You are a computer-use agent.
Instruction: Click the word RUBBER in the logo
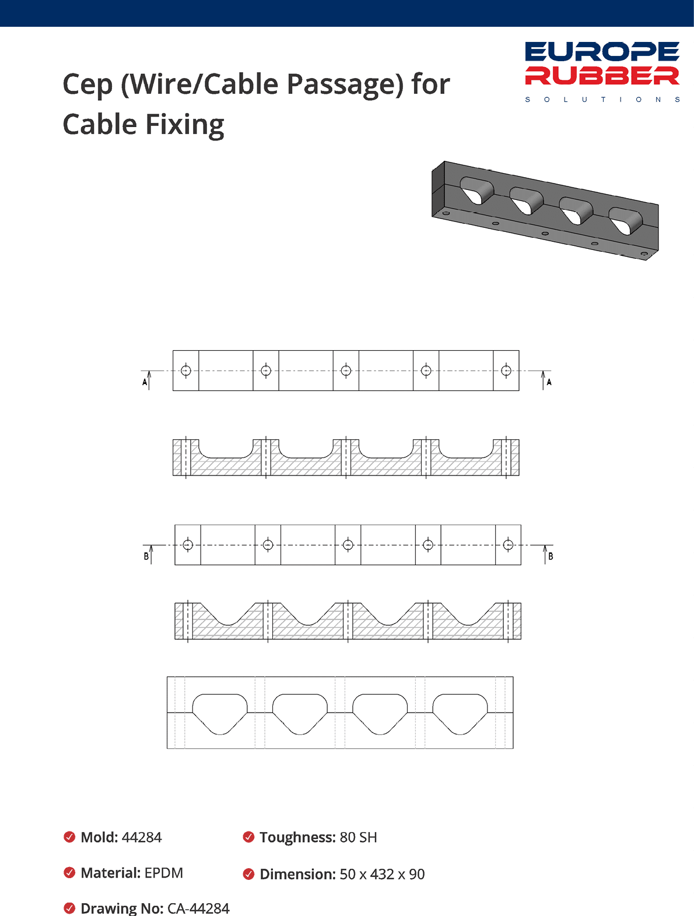coord(602,76)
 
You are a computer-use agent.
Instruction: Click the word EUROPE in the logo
coord(602,51)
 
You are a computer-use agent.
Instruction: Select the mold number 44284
coord(142,837)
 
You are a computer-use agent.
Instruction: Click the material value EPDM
coord(164,873)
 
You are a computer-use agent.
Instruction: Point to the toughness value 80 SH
coord(358,837)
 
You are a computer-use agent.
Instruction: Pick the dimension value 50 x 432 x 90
coord(382,874)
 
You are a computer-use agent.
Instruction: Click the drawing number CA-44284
coord(198,908)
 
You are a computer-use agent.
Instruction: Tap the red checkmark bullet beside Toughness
coord(248,837)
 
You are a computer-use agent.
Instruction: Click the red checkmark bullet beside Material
coord(69,873)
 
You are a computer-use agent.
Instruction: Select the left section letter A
coord(145,382)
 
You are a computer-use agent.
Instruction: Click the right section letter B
coord(550,556)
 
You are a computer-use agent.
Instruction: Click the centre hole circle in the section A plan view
coord(346,371)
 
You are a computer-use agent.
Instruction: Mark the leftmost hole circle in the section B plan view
coord(188,545)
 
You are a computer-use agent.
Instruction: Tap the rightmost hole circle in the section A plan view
coord(506,371)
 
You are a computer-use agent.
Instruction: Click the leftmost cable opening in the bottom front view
coord(220,711)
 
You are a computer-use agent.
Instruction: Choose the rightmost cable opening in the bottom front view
coord(460,711)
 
